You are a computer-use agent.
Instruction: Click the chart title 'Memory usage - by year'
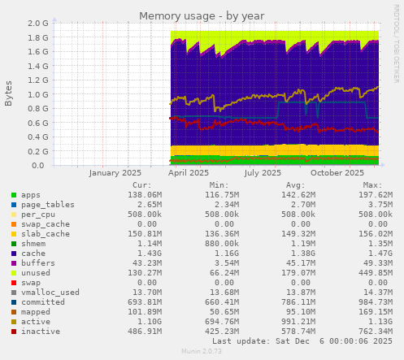pyautogui.click(x=202, y=15)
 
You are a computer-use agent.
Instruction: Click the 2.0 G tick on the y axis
pyautogui.click(x=37, y=24)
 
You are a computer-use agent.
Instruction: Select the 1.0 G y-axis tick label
pyautogui.click(x=37, y=94)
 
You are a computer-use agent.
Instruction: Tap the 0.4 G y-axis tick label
pyautogui.click(x=37, y=137)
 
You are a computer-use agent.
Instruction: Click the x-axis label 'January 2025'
pyautogui.click(x=115, y=173)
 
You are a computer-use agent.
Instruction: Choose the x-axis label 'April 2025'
pyautogui.click(x=188, y=173)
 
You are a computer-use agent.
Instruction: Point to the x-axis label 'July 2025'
pyautogui.click(x=263, y=173)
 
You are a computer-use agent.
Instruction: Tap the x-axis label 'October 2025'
pyautogui.click(x=337, y=173)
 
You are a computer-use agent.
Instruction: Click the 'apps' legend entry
pyautogui.click(x=30, y=195)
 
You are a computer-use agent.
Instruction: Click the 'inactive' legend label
pyautogui.click(x=39, y=332)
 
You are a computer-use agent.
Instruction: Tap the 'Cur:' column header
pyautogui.click(x=141, y=185)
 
